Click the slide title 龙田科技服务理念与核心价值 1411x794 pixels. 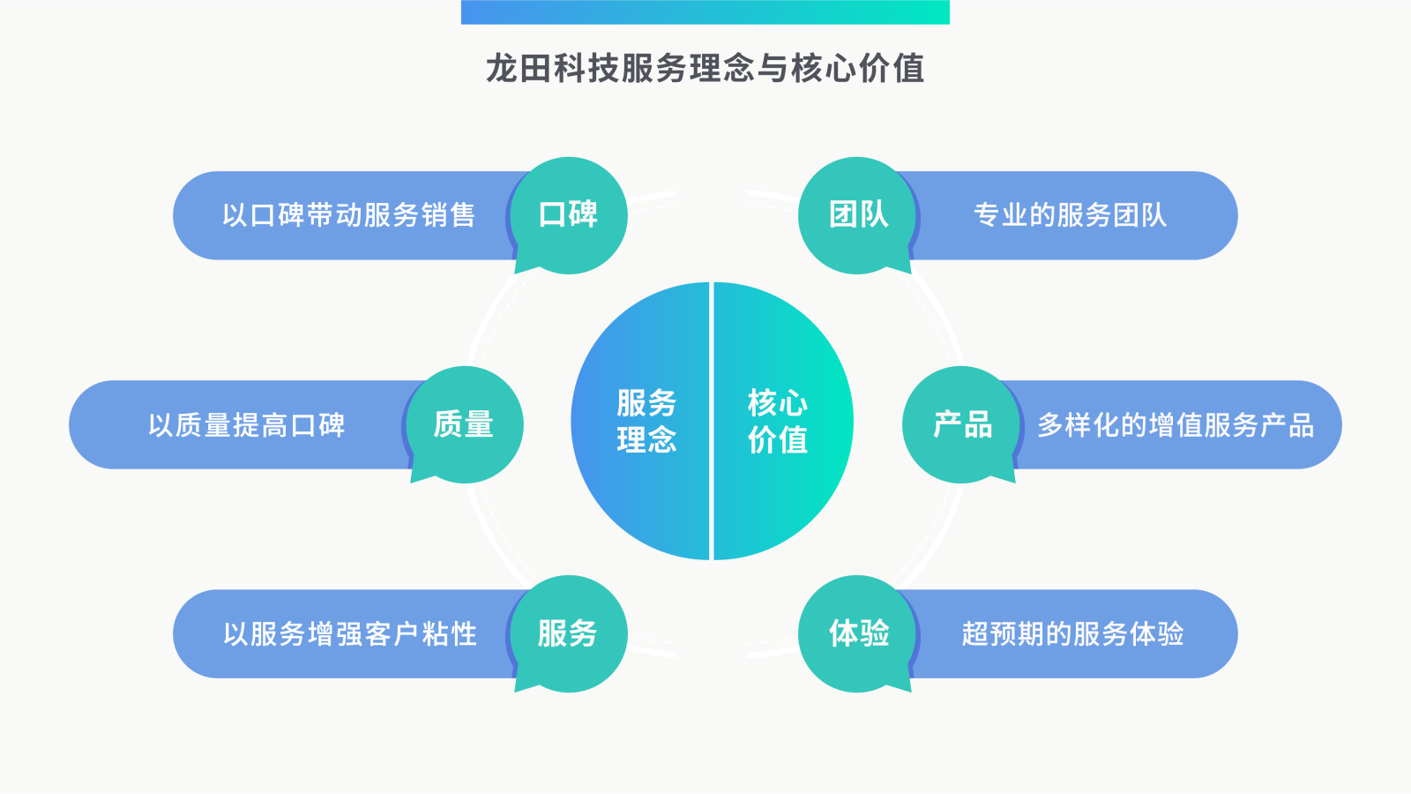705,69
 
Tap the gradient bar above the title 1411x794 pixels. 705,12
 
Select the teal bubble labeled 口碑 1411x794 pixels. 569,214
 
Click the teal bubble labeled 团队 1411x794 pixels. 857,214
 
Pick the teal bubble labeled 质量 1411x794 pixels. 464,424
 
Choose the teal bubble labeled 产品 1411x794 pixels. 961,424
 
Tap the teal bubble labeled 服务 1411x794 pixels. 569,633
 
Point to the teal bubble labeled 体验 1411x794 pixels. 857,633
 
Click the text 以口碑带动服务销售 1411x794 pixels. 348,215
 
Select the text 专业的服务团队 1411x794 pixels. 1070,215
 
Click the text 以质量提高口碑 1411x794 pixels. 246,425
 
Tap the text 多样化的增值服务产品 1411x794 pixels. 1176,425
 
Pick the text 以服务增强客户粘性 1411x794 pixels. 349,634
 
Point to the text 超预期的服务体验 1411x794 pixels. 1072,634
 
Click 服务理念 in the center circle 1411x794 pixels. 646,421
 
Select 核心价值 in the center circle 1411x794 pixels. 777,421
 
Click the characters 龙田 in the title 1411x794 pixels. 519,69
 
